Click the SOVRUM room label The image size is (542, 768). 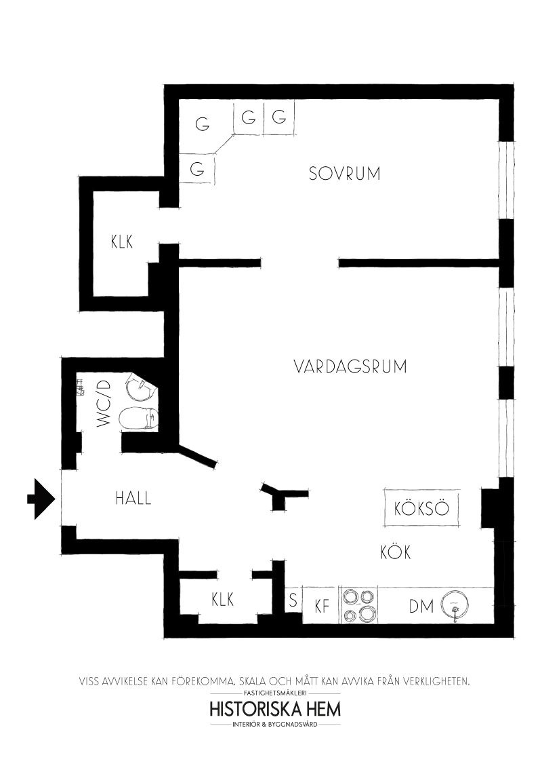pyautogui.click(x=344, y=174)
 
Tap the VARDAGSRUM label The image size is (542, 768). pyautogui.click(x=350, y=366)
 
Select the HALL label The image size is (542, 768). pyautogui.click(x=133, y=499)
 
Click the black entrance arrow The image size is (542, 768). pyautogui.click(x=40, y=499)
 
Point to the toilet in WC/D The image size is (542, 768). pyautogui.click(x=139, y=419)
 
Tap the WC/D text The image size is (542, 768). pyautogui.click(x=104, y=404)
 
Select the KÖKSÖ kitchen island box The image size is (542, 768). pyautogui.click(x=421, y=508)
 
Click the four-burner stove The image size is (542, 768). pyautogui.click(x=358, y=605)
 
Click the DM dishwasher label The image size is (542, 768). pyautogui.click(x=421, y=607)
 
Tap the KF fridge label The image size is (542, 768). pyautogui.click(x=321, y=607)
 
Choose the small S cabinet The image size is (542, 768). pyautogui.click(x=293, y=600)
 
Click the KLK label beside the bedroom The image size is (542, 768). pyautogui.click(x=122, y=242)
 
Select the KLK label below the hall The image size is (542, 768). pyautogui.click(x=223, y=599)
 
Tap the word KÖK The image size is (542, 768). pyautogui.click(x=396, y=552)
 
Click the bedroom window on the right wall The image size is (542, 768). pyautogui.click(x=507, y=180)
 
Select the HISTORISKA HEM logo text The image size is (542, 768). pyautogui.click(x=275, y=710)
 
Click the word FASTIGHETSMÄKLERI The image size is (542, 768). pyautogui.click(x=275, y=693)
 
